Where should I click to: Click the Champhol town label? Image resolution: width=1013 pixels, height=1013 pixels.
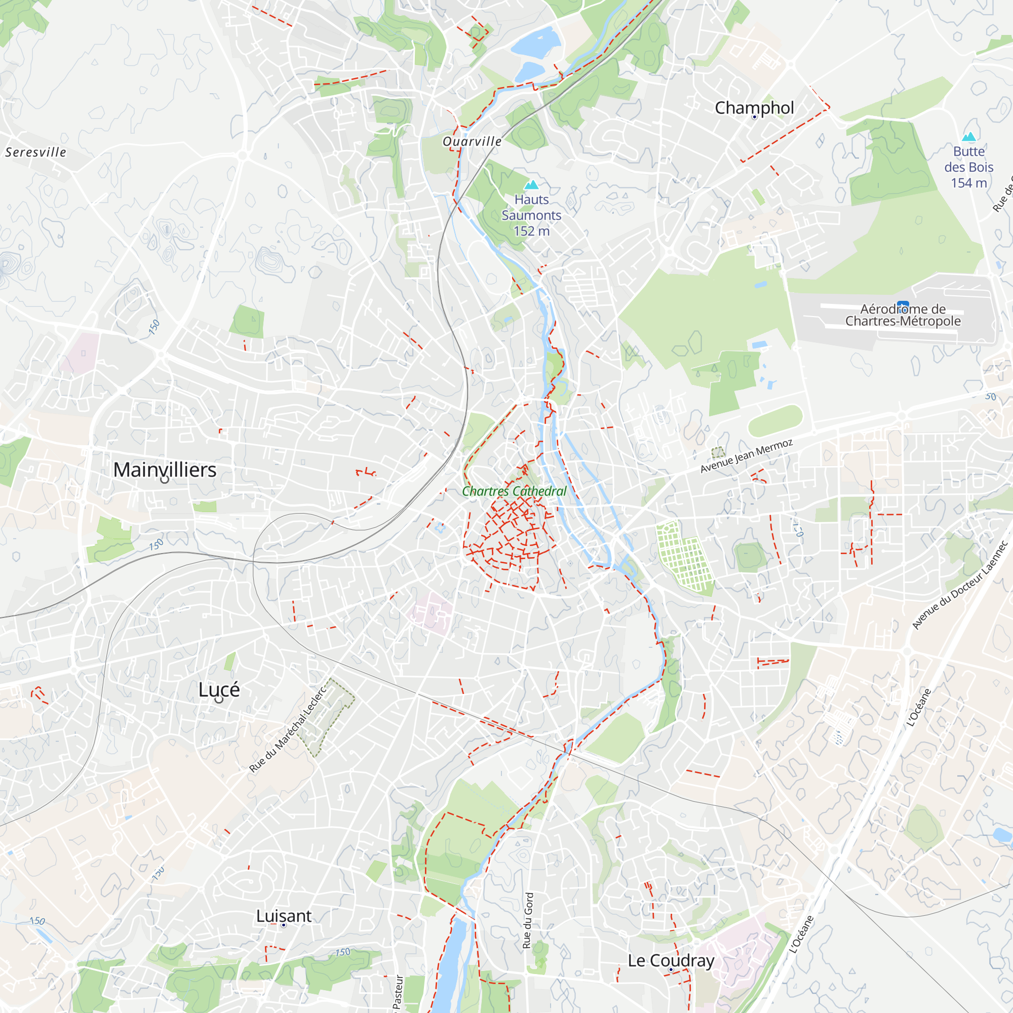pos(754,108)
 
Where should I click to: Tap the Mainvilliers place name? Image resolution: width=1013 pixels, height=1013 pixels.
pos(165,470)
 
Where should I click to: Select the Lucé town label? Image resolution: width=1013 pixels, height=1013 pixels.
pos(219,689)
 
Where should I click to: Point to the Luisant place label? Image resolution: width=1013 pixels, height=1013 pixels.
pos(284,915)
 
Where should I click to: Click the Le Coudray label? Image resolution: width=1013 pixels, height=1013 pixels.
pos(671,960)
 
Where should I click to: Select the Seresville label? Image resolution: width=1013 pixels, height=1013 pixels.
pos(35,152)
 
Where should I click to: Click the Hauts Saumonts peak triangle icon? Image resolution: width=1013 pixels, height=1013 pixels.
pos(532,184)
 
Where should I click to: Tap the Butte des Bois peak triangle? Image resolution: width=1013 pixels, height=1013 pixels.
pos(969,137)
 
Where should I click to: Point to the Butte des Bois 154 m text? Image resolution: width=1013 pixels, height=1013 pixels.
pos(968,167)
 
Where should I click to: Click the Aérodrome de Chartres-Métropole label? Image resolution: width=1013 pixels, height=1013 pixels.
pos(903,315)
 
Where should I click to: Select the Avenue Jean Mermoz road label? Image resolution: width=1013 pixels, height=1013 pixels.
pos(746,456)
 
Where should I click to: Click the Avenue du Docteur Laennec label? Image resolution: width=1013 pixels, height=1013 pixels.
pos(959,585)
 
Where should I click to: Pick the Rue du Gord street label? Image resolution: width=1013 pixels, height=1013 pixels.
pos(528,921)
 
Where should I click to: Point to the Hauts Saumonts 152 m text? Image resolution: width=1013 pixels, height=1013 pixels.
pos(531,215)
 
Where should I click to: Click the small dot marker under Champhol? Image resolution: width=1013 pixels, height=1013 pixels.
pos(754,117)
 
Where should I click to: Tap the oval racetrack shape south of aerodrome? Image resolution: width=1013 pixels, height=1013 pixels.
pos(774,420)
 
